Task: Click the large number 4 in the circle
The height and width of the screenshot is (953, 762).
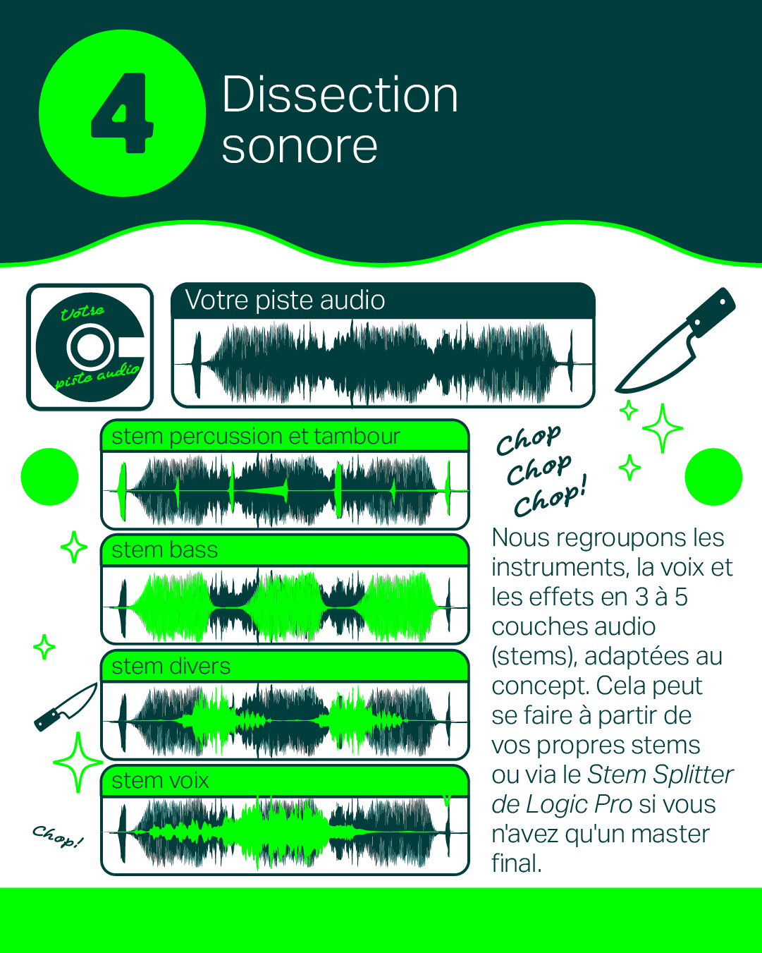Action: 122,113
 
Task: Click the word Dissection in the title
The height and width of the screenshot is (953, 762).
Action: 339,95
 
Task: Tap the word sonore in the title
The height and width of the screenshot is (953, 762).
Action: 300,147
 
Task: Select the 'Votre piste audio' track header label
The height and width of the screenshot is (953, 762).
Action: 285,300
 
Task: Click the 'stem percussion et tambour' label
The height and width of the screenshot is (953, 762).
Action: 256,436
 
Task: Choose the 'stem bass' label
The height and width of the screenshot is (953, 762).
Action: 165,550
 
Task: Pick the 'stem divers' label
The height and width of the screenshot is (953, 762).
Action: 171,666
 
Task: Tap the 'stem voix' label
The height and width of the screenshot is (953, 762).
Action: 160,780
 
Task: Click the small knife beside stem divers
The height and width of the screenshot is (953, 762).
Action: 66,707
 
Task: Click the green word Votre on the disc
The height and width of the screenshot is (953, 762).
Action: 82,312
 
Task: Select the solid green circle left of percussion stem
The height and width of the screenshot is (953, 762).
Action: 49,477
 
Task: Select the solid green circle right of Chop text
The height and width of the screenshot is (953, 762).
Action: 713,477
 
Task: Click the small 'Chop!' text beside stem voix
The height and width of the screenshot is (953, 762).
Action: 58,836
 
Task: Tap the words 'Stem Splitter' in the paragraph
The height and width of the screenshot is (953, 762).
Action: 660,775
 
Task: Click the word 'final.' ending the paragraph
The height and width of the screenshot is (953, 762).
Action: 517,863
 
